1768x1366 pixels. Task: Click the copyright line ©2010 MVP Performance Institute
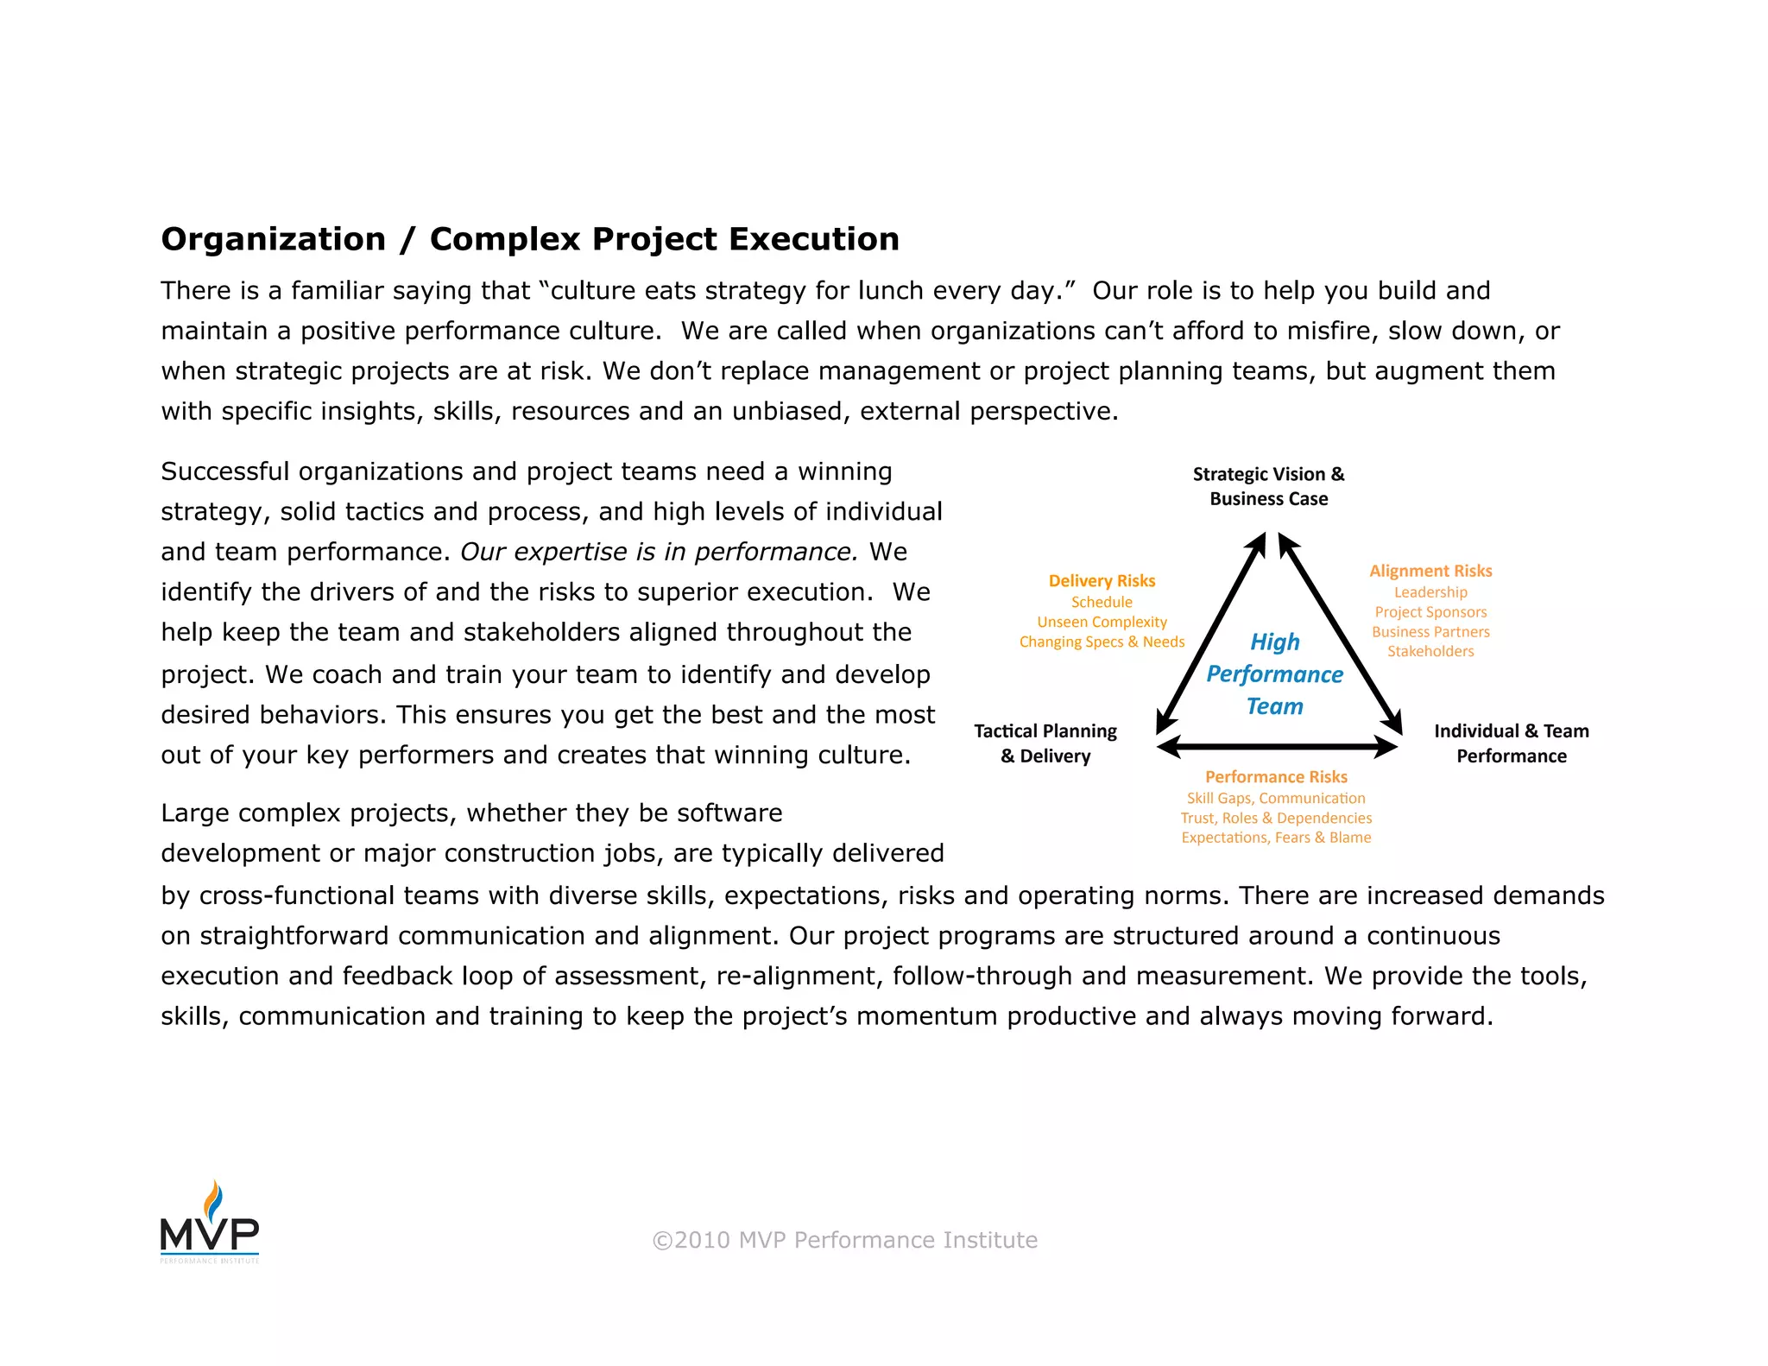[x=844, y=1240]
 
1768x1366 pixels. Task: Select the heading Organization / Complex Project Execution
[x=530, y=239]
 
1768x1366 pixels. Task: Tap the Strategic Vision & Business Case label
[x=1268, y=486]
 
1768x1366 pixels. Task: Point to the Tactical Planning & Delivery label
[x=1045, y=743]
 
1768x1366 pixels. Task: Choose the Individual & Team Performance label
[x=1511, y=743]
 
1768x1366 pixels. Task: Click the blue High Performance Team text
[x=1274, y=674]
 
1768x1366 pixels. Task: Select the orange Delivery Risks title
[x=1102, y=581]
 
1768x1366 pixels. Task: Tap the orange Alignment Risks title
[x=1430, y=571]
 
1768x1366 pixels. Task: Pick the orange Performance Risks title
[x=1276, y=777]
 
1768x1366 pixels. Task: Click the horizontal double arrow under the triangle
[x=1277, y=746]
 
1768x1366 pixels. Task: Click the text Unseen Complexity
[x=1102, y=622]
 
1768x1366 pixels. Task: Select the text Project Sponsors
[x=1430, y=612]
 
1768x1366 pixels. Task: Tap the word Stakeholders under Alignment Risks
[x=1430, y=651]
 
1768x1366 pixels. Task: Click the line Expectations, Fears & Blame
[x=1276, y=838]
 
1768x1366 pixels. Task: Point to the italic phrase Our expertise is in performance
[x=659, y=552]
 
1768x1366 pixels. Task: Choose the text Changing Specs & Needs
[x=1102, y=642]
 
